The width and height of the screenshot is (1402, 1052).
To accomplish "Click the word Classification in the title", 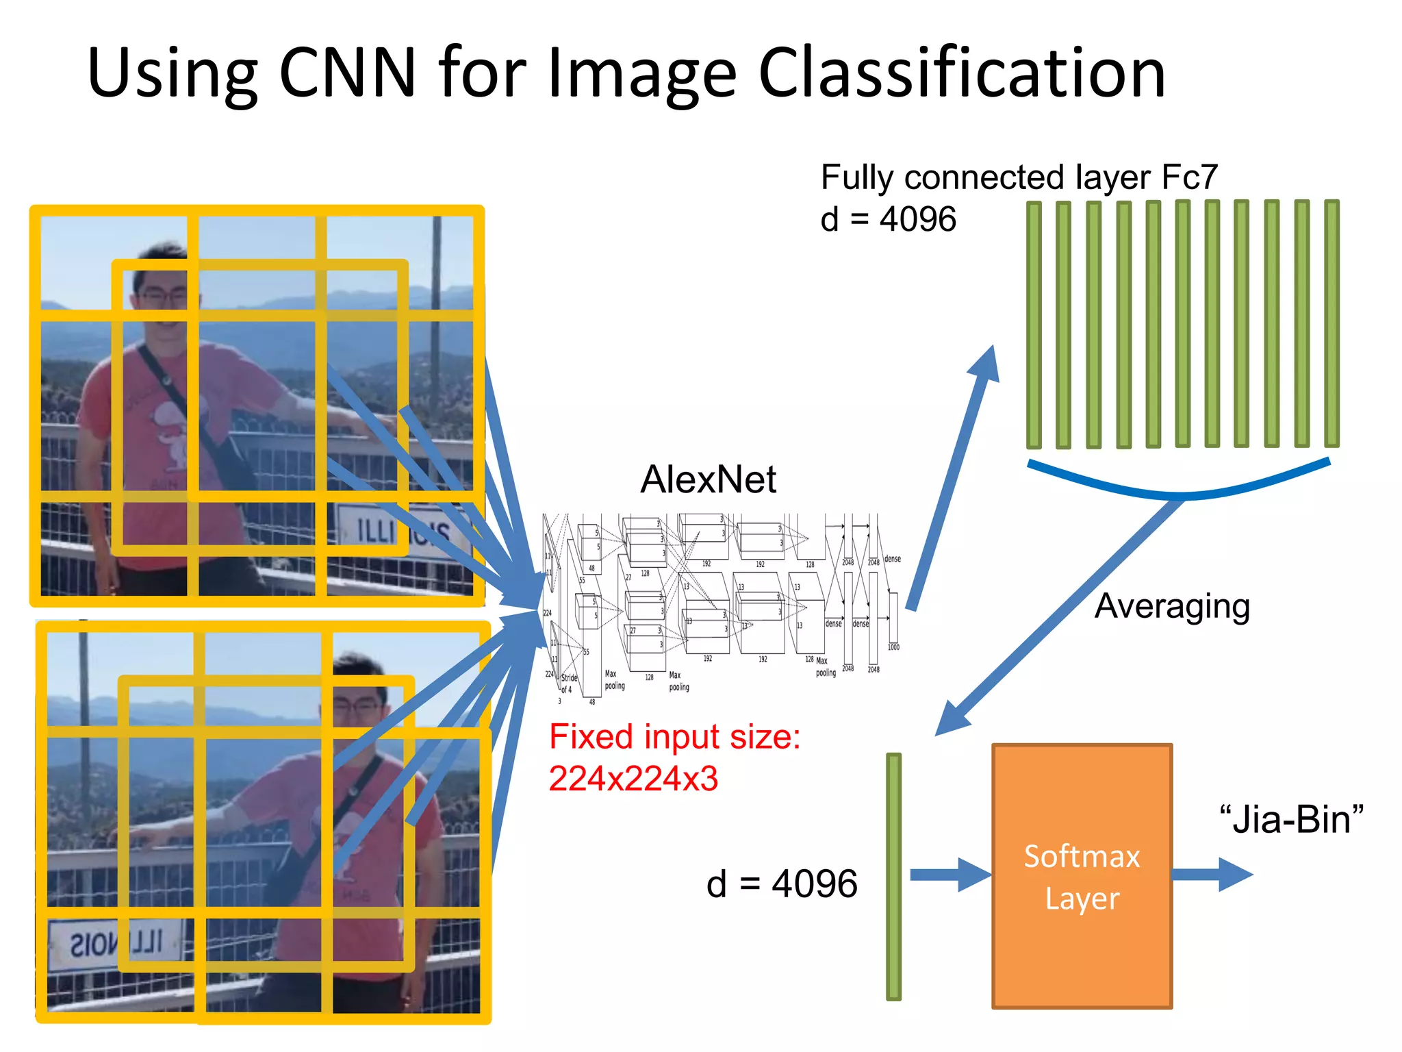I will click(x=961, y=73).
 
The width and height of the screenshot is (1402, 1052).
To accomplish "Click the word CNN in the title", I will click(x=348, y=73).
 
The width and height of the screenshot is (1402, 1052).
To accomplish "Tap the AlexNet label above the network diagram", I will click(x=708, y=479).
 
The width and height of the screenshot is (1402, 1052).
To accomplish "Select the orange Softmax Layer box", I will click(x=1082, y=876).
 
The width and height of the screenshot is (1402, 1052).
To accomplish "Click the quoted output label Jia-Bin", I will click(x=1291, y=820).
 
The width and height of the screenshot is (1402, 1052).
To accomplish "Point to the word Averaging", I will click(x=1172, y=606).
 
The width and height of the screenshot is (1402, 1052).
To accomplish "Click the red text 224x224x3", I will click(x=633, y=779).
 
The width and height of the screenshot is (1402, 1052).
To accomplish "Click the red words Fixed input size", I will click(x=674, y=737).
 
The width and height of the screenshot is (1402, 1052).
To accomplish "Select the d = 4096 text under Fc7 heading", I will click(x=888, y=220).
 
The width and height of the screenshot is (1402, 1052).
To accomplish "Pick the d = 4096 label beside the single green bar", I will click(x=782, y=884).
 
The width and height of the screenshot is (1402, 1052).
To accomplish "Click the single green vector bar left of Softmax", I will click(x=893, y=877).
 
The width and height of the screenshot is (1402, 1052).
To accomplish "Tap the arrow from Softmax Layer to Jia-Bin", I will click(x=1212, y=875).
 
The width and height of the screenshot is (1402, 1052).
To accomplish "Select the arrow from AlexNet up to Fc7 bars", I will click(x=952, y=479).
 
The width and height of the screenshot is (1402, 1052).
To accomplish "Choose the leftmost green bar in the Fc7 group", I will click(x=1034, y=325).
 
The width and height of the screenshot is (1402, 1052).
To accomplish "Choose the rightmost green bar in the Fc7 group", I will click(x=1331, y=324).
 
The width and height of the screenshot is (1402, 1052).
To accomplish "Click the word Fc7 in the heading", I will click(x=1190, y=177).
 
